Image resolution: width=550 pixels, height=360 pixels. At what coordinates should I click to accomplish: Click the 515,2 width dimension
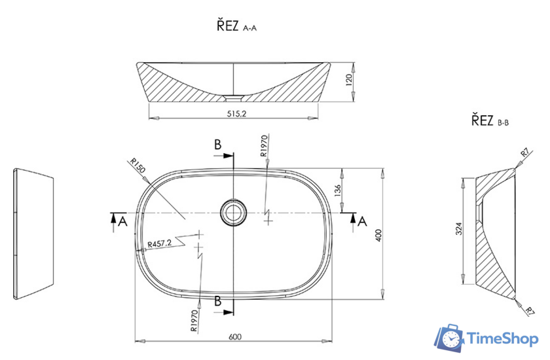tap(237, 114)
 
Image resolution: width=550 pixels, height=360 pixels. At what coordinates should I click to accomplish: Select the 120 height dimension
tap(349, 81)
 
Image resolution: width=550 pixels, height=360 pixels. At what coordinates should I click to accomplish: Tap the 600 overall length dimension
tap(235, 337)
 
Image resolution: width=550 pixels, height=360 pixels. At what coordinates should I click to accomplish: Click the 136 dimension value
tap(338, 191)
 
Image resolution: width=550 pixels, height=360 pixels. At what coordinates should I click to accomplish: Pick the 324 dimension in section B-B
tap(458, 228)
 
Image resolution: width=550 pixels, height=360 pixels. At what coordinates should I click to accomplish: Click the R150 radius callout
tap(137, 166)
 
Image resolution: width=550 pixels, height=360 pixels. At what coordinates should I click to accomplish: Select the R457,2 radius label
tap(160, 243)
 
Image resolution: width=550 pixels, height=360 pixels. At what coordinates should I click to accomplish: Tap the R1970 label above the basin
tap(264, 145)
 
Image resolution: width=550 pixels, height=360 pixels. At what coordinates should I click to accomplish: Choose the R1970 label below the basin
tap(194, 321)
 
